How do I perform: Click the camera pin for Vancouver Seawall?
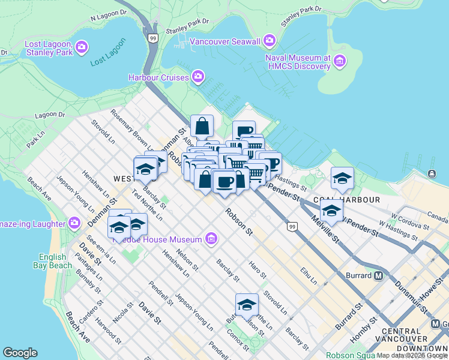coord(269,41)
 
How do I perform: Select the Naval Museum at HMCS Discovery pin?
coord(340,61)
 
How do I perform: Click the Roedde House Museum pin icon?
coord(211,239)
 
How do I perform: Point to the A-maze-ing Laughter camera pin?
coord(74,223)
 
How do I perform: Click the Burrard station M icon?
coord(379,276)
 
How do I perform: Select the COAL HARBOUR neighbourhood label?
coord(346,199)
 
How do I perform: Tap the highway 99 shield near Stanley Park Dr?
coord(153,38)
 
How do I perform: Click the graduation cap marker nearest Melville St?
coord(331,209)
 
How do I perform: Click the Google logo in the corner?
coord(20,353)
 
